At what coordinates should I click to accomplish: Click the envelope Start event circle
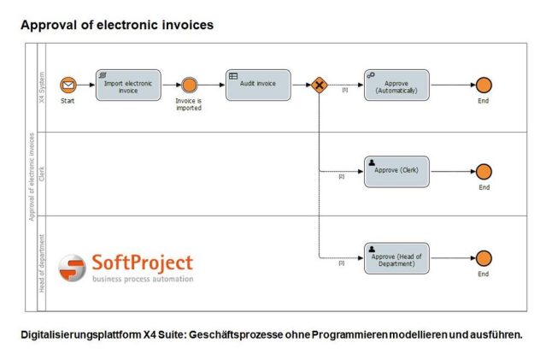(x=68, y=85)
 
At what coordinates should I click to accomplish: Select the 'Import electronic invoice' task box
(x=128, y=85)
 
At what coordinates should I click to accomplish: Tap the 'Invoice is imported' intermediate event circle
(x=189, y=85)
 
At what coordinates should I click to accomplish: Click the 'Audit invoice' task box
(x=258, y=85)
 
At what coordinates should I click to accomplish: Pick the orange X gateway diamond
(x=319, y=85)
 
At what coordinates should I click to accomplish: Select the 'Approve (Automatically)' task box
(x=396, y=85)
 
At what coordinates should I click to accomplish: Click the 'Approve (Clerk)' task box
(x=396, y=171)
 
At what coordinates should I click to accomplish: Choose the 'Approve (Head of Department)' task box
(x=396, y=258)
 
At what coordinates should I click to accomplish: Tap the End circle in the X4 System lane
(x=484, y=85)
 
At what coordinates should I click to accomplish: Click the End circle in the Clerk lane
(x=484, y=171)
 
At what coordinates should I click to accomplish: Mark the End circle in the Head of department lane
(x=484, y=258)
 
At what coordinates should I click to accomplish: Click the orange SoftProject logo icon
(x=72, y=267)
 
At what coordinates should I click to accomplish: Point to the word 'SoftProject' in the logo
(x=142, y=263)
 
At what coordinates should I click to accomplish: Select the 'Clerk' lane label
(x=42, y=174)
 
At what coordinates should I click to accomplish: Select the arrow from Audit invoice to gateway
(x=301, y=85)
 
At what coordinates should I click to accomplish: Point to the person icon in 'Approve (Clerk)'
(x=372, y=162)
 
